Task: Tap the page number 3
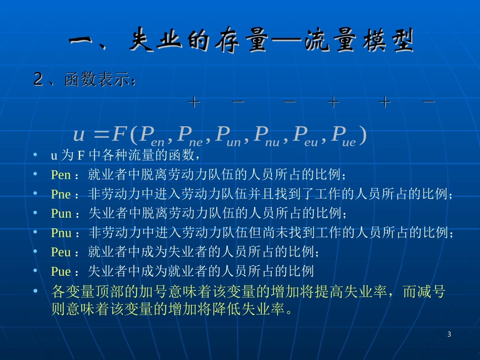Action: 449,335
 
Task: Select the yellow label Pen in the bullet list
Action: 61,175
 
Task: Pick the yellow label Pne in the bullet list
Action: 61,194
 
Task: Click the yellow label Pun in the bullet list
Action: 62,213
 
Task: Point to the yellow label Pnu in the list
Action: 62,233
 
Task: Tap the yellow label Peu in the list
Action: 61,252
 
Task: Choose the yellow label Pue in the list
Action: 61,272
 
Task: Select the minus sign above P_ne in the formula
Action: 238,102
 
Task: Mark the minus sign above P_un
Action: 290,102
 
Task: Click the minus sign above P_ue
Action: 429,102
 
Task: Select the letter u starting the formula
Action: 79,135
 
